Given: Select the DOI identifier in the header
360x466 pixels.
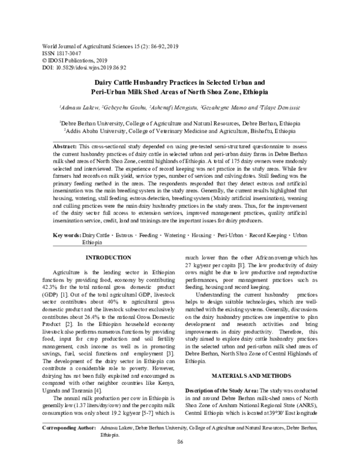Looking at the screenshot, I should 83,68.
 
